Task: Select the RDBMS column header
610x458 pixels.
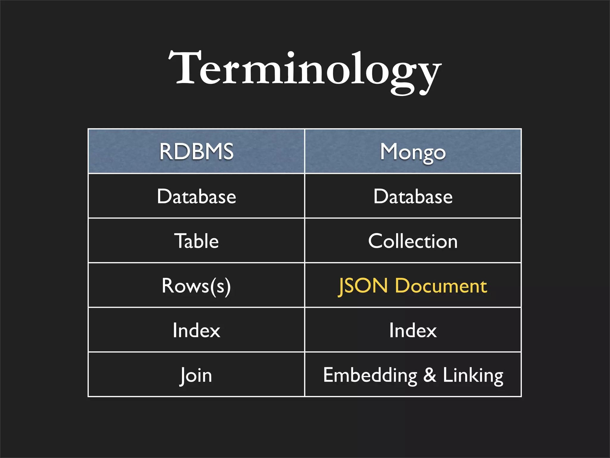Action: pyautogui.click(x=196, y=151)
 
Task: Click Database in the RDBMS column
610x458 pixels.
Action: pyautogui.click(x=196, y=196)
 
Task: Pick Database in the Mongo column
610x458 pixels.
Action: pyautogui.click(x=413, y=196)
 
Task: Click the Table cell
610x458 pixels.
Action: pyautogui.click(x=196, y=241)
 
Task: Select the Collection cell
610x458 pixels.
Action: pyautogui.click(x=413, y=241)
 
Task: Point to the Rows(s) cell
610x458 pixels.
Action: pyautogui.click(x=196, y=286)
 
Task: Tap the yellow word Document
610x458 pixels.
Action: pyautogui.click(x=441, y=286)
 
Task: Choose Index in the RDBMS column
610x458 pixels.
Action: pyautogui.click(x=196, y=330)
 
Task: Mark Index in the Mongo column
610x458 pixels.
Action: pyautogui.click(x=413, y=330)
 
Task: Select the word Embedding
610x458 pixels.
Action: pyautogui.click(x=370, y=375)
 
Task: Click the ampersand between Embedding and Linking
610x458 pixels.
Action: pyautogui.click(x=430, y=375)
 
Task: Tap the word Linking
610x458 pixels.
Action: pyautogui.click(x=473, y=375)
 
